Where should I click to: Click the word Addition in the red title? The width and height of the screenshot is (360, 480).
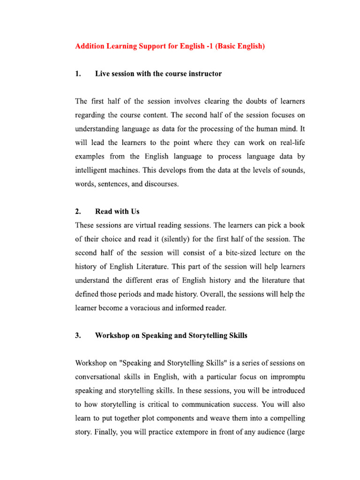point(90,47)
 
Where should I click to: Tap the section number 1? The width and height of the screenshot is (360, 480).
point(77,74)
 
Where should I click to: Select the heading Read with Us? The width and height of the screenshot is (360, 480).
point(117,211)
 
